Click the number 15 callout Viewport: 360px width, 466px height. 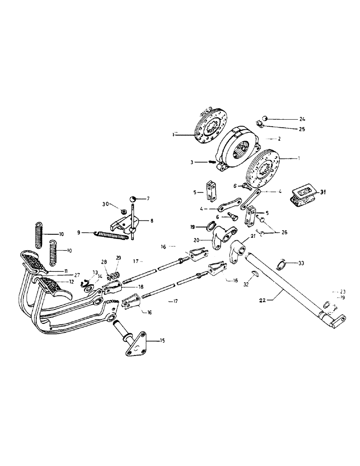(x=162, y=341)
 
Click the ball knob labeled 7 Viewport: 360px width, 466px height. (x=133, y=199)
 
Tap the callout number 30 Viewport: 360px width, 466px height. (x=106, y=204)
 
